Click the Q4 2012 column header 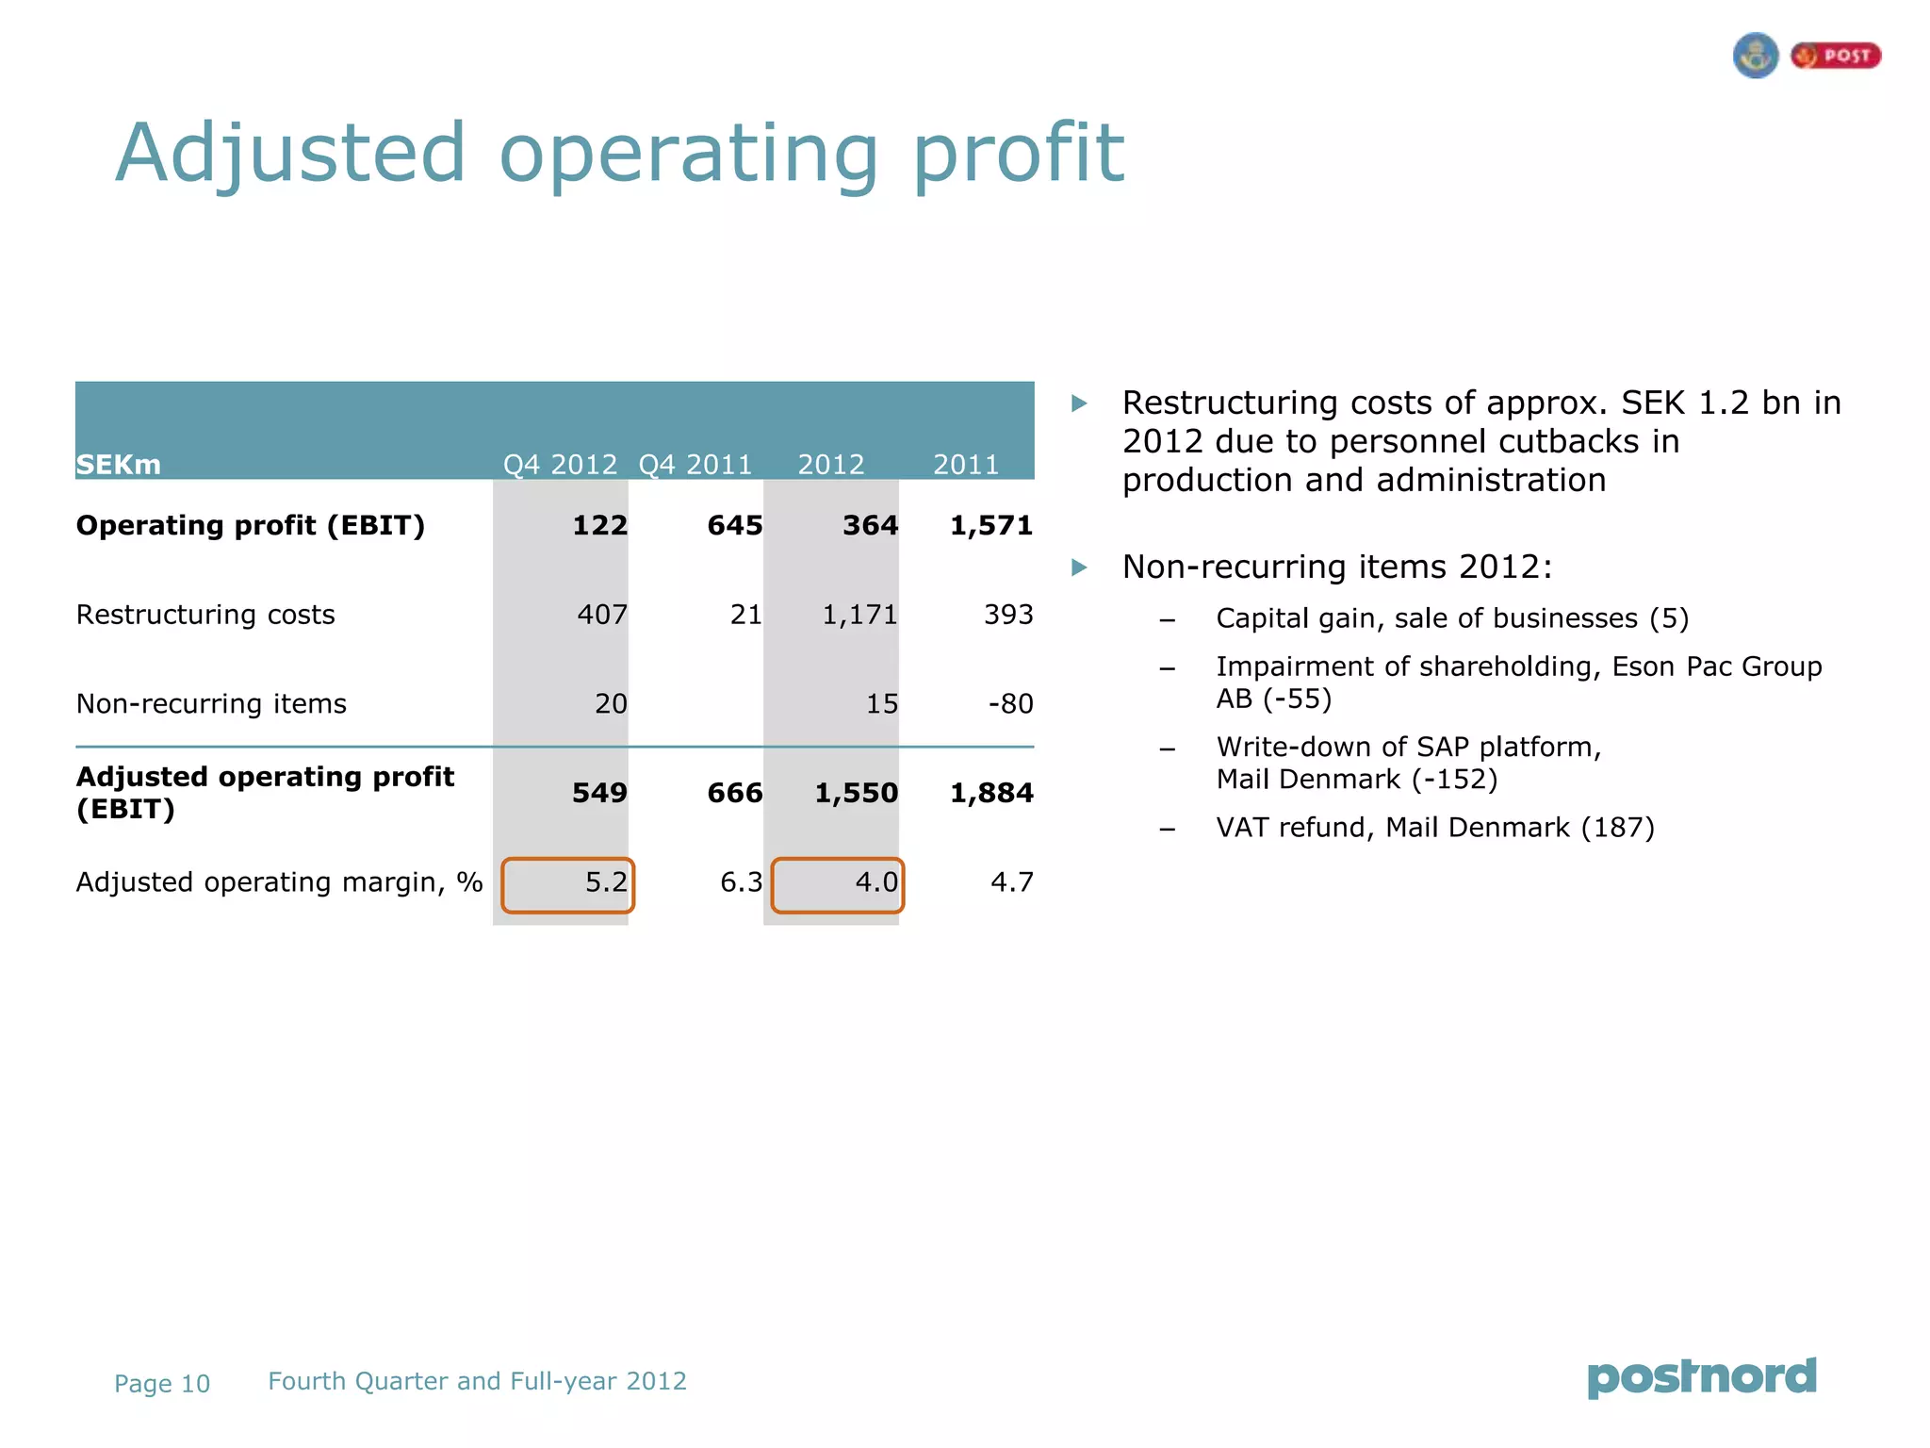[560, 464]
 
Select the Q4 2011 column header [695, 464]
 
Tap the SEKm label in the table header [119, 465]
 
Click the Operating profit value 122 [599, 525]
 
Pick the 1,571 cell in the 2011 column [990, 525]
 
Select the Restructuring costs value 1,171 [859, 615]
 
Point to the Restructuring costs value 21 [745, 615]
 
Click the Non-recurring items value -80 [1010, 703]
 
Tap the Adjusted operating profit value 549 [599, 793]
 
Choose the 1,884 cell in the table [990, 793]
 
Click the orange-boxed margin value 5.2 [606, 882]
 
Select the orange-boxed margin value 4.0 [875, 882]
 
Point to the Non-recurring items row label [211, 703]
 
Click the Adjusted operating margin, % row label [279, 882]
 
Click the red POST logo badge [1836, 56]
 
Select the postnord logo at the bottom [1702, 1377]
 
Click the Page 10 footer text [162, 1384]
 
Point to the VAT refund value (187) [1617, 828]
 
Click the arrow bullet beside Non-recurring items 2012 [1080, 568]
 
